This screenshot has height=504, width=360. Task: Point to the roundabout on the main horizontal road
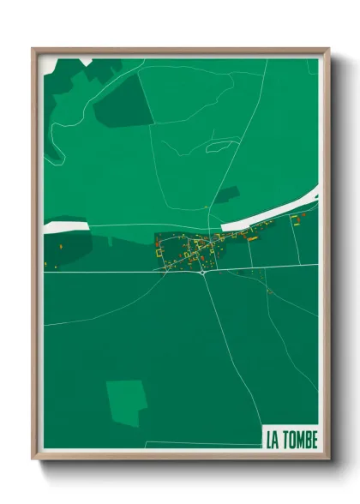coord(202,273)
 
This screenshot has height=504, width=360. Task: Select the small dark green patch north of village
coord(225,195)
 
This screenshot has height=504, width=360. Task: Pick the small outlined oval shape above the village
coord(221,146)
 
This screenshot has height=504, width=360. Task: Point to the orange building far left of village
coord(61,248)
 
